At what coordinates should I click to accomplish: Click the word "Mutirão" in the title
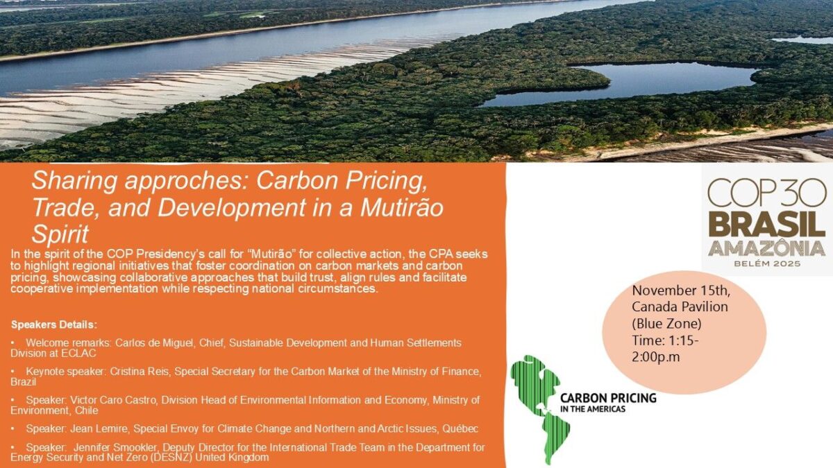[x=402, y=207]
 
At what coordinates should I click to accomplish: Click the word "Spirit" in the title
[x=60, y=234]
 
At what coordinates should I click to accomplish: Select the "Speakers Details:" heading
[x=54, y=324]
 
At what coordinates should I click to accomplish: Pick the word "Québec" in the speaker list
[x=460, y=429]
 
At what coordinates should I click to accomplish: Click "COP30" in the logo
[x=766, y=193]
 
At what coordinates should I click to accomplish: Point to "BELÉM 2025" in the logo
[x=766, y=263]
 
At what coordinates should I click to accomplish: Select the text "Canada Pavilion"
[x=680, y=306]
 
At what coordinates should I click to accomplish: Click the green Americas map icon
[x=539, y=408]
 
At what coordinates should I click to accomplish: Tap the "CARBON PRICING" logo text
[x=608, y=398]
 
